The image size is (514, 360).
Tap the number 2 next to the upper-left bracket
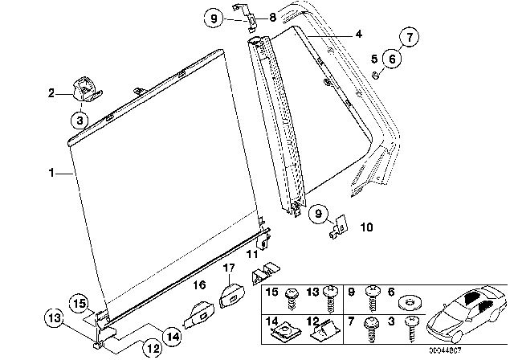point(52,94)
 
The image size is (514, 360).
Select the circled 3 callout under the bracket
point(79,121)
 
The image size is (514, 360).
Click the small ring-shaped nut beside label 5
point(376,75)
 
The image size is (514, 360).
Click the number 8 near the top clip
point(250,17)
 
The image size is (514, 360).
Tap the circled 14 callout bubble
point(172,335)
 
